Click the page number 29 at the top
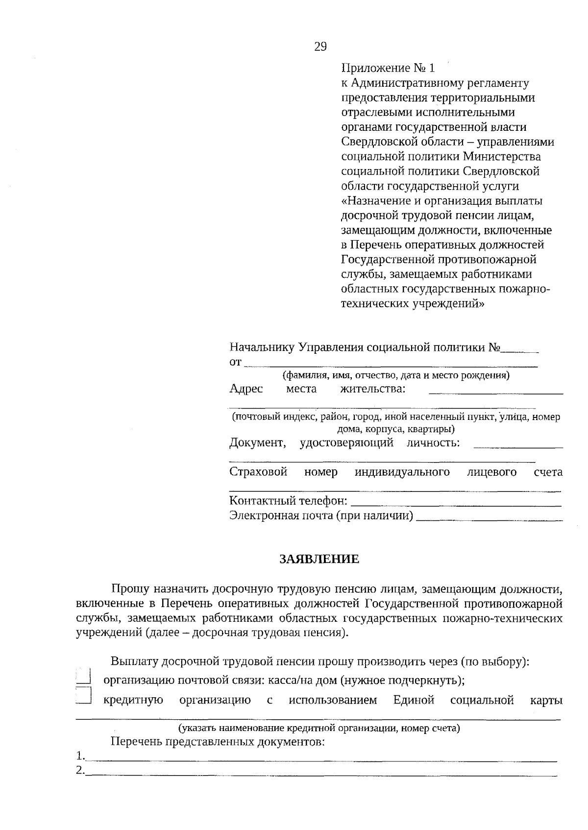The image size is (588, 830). [319, 47]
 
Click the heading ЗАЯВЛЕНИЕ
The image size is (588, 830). [319, 559]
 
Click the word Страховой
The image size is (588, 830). [258, 472]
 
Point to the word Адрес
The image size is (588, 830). [246, 389]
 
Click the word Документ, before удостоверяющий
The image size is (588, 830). [257, 443]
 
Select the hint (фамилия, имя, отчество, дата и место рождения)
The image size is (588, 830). [395, 376]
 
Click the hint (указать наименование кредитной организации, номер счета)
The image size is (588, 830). [318, 728]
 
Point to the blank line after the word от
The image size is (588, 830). [391, 365]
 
